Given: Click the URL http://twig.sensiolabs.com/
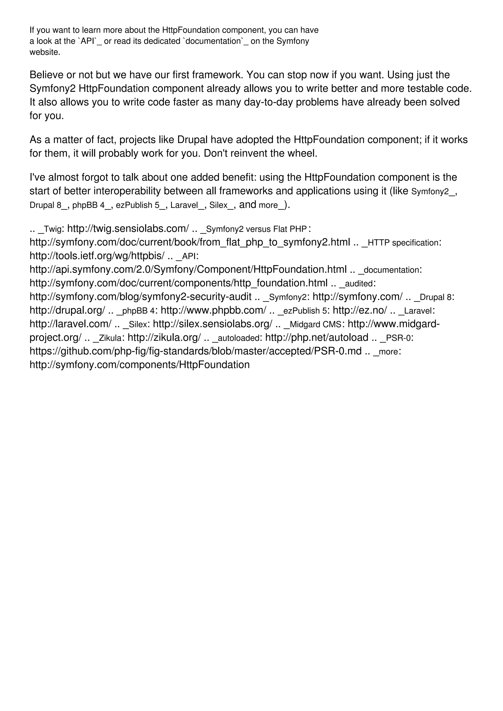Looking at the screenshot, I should (x=128, y=229).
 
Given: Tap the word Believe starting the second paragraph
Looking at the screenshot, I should (x=46, y=75).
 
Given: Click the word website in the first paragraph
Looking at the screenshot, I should (x=44, y=52).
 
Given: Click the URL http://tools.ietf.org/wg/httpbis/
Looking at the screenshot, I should (x=97, y=256).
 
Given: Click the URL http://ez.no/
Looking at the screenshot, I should (x=360, y=311).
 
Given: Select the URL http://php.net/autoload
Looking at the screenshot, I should (x=317, y=338).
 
